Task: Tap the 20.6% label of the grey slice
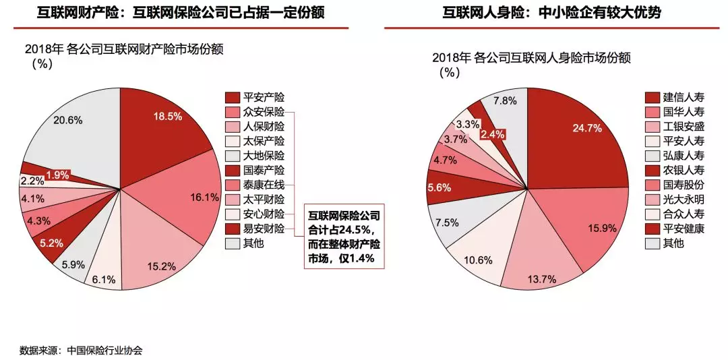68,121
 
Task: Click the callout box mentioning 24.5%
344,237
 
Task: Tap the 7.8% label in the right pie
505,101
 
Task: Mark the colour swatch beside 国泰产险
233,171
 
